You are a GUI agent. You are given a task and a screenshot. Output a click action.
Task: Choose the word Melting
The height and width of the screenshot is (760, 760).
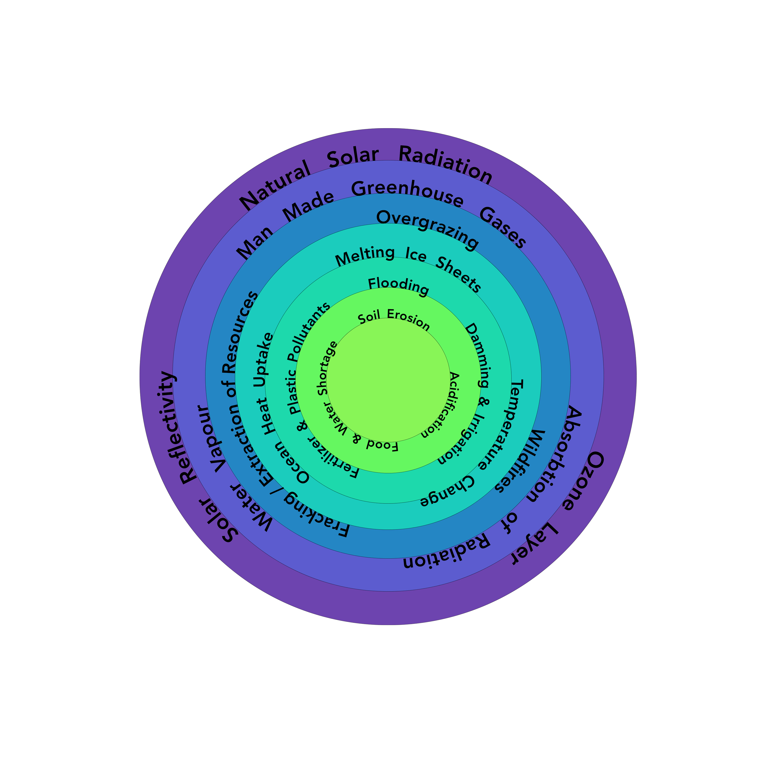(x=364, y=256)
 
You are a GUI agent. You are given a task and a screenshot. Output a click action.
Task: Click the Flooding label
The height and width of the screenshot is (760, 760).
(x=398, y=286)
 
